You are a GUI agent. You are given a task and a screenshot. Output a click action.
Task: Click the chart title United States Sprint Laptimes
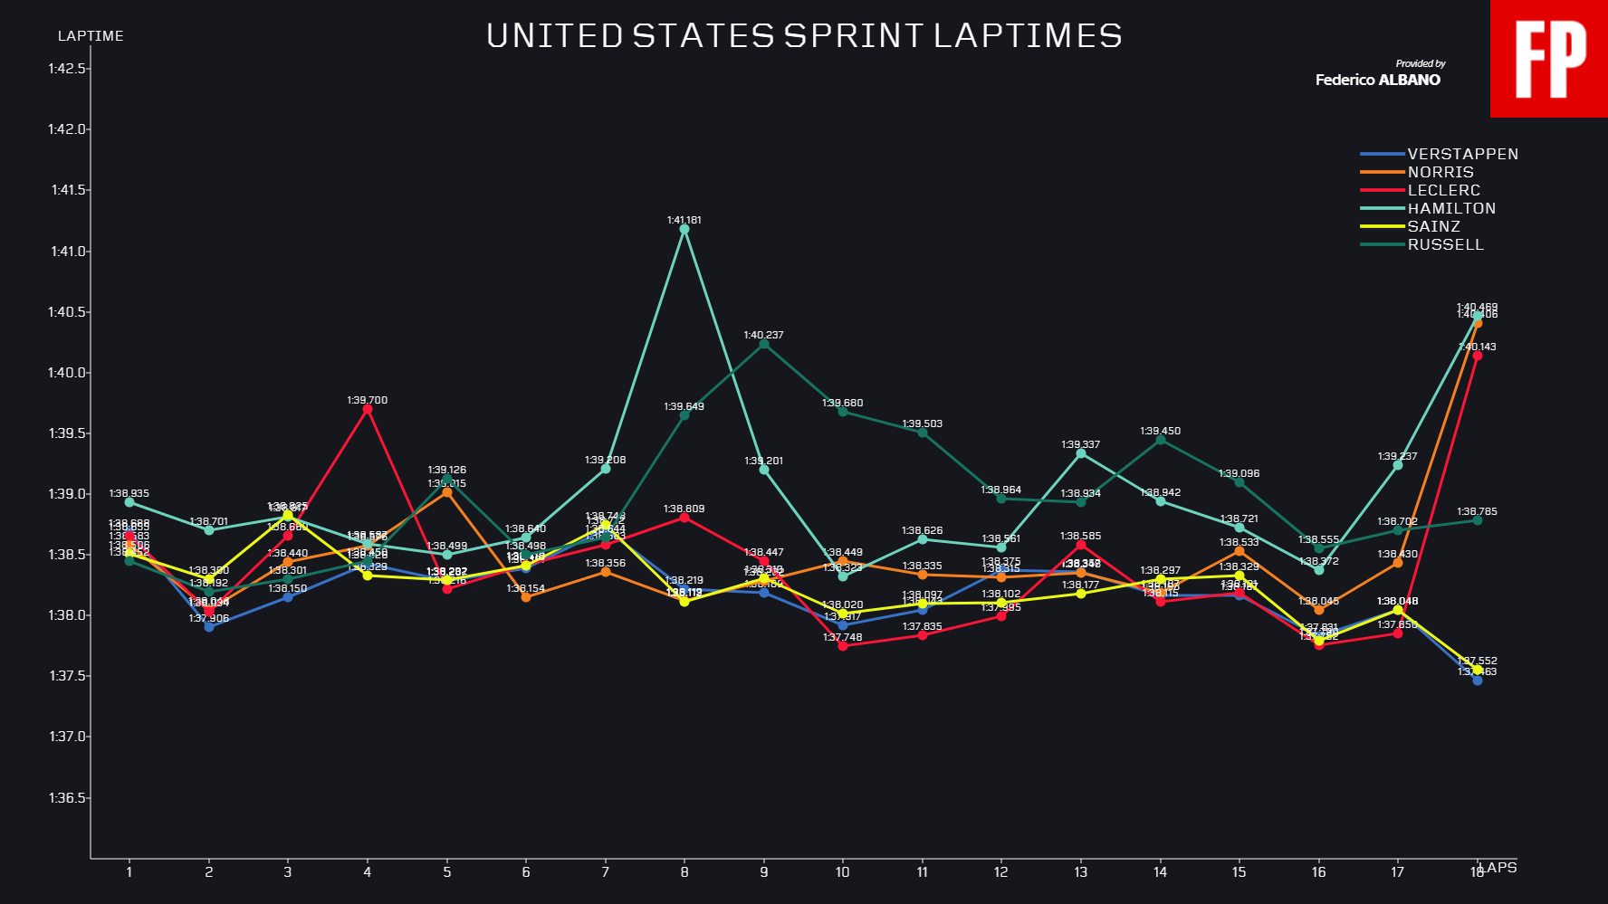804,36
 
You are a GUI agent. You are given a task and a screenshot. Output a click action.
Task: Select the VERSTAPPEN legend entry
1462,154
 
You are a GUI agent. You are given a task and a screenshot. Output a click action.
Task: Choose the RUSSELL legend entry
1445,244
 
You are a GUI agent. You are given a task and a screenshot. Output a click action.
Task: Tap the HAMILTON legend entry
1450,208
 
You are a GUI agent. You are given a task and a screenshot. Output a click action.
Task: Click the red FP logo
1549,59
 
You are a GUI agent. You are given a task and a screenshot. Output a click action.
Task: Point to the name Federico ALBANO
1377,80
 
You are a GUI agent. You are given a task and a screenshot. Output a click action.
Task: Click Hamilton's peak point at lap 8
684,229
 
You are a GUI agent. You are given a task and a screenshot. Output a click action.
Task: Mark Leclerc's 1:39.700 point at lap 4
368,409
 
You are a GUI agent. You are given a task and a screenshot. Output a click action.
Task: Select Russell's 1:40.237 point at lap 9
764,344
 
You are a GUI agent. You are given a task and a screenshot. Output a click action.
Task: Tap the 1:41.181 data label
684,220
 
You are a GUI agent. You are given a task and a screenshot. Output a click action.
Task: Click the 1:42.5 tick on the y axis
68,69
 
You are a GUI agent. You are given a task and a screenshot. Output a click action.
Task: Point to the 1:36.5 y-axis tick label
68,798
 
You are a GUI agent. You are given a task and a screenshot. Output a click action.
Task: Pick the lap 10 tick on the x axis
843,872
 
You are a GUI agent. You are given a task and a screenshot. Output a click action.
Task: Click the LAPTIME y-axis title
91,36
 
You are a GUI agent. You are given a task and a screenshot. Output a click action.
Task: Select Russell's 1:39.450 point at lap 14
1161,440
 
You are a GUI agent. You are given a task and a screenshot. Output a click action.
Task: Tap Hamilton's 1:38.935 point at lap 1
129,502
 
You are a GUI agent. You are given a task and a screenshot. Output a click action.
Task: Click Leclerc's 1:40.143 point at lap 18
1478,356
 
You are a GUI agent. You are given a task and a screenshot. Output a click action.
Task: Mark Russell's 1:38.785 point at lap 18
1478,520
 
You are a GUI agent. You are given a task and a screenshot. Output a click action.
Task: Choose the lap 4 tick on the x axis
368,872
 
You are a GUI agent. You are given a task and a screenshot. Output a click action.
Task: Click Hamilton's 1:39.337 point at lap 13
1081,453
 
